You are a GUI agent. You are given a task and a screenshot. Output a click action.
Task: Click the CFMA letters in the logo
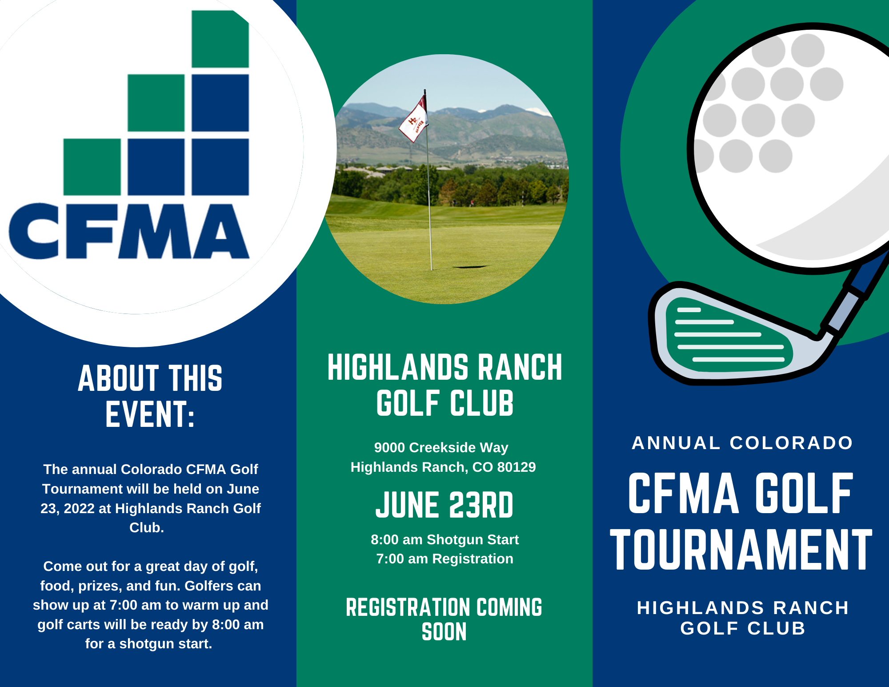(x=129, y=232)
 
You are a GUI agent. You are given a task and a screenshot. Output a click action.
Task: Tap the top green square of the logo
(x=220, y=39)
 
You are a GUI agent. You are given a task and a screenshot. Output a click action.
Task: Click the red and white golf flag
(x=414, y=118)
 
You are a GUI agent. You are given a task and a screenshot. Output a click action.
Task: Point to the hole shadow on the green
(x=470, y=267)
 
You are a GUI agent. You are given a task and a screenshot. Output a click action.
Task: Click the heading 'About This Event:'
(x=150, y=396)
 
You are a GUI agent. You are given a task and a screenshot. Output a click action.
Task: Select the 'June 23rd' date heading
(x=444, y=505)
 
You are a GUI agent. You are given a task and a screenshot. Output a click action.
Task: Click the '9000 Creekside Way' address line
(x=441, y=448)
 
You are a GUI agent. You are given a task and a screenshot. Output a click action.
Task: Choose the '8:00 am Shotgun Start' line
(x=444, y=540)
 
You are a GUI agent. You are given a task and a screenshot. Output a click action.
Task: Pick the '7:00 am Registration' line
(x=444, y=559)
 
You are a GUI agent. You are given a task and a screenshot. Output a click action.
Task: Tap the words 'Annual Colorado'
(x=742, y=443)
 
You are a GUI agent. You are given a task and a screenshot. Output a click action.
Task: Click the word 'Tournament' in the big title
(x=741, y=550)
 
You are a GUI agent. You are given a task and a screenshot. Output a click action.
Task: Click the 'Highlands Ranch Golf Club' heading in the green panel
(x=444, y=385)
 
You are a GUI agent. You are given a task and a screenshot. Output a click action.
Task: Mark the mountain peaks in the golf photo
(x=444, y=113)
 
